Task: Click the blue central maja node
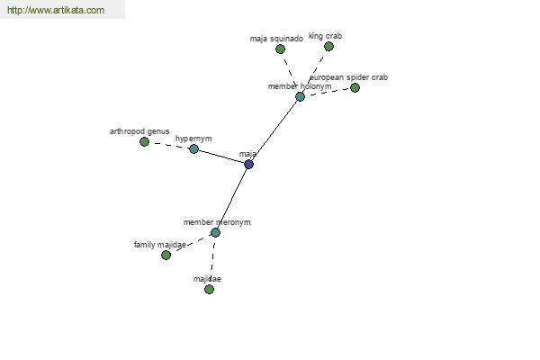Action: [x=248, y=165]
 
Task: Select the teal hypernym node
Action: [x=193, y=149]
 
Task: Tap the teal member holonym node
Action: [x=300, y=97]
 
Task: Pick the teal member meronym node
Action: [x=215, y=233]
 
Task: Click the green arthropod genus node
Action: [x=144, y=141]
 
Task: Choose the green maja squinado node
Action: [x=280, y=49]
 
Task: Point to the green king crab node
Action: [x=328, y=46]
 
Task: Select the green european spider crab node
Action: [x=355, y=88]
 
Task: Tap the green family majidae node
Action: [x=166, y=256]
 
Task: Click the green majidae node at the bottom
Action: [x=209, y=290]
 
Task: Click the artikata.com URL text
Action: [x=56, y=10]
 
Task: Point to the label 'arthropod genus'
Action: [x=139, y=131]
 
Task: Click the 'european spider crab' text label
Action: [x=349, y=77]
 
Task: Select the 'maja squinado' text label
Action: [x=276, y=39]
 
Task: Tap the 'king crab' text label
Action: [x=325, y=36]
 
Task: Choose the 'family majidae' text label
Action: [x=160, y=245]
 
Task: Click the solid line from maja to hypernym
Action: [x=221, y=157]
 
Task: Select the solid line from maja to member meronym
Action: [x=232, y=198]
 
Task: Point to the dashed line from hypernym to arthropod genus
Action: [x=169, y=146]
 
